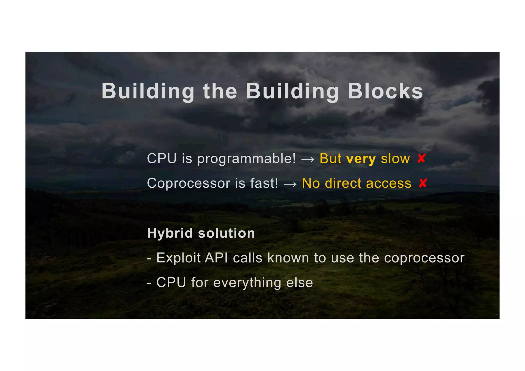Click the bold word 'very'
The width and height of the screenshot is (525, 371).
coord(361,159)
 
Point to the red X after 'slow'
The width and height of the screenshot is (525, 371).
coord(421,158)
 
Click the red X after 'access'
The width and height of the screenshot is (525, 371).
coord(423,183)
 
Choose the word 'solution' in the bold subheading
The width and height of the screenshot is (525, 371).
coord(226,233)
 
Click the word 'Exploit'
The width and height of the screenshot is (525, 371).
coord(178,258)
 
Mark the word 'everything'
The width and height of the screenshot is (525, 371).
coord(247,283)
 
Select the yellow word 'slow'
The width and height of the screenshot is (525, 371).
coord(395,159)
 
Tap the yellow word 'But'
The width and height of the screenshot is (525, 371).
coord(330,158)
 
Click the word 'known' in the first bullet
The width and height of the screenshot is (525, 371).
coord(288,258)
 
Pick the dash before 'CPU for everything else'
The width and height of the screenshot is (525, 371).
coord(149,283)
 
